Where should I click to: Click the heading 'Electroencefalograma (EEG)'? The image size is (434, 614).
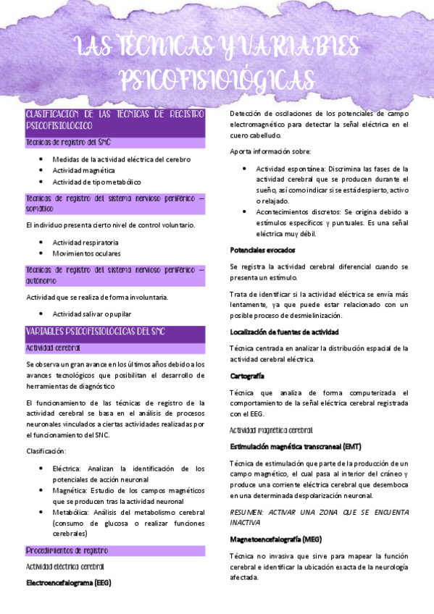[x=68, y=581]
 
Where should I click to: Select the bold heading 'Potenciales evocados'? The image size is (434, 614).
[x=262, y=250]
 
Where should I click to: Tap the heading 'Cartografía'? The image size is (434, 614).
[x=246, y=376]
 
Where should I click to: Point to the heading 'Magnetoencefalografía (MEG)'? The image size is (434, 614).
[x=276, y=539]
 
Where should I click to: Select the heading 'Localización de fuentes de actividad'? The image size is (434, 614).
[x=284, y=332]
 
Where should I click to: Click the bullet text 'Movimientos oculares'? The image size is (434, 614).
[x=86, y=253]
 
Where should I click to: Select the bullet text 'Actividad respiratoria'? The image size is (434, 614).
[x=86, y=242]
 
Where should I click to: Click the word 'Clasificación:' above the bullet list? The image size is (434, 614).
[x=46, y=451]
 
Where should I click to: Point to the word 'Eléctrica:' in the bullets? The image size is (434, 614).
[x=69, y=468]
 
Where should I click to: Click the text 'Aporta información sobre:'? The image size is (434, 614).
[x=270, y=151]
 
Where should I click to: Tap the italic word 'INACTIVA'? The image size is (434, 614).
[x=246, y=522]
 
